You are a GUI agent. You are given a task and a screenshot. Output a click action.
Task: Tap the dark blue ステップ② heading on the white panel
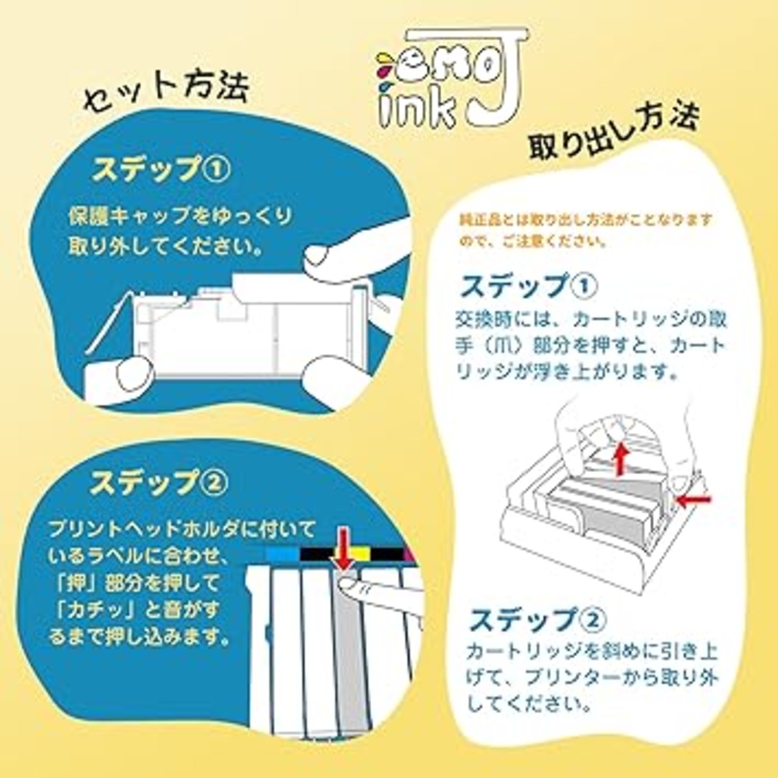538,620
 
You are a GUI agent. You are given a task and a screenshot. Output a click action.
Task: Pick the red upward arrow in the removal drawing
619,459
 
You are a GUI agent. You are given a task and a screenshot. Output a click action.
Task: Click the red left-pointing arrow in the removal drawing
694,500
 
